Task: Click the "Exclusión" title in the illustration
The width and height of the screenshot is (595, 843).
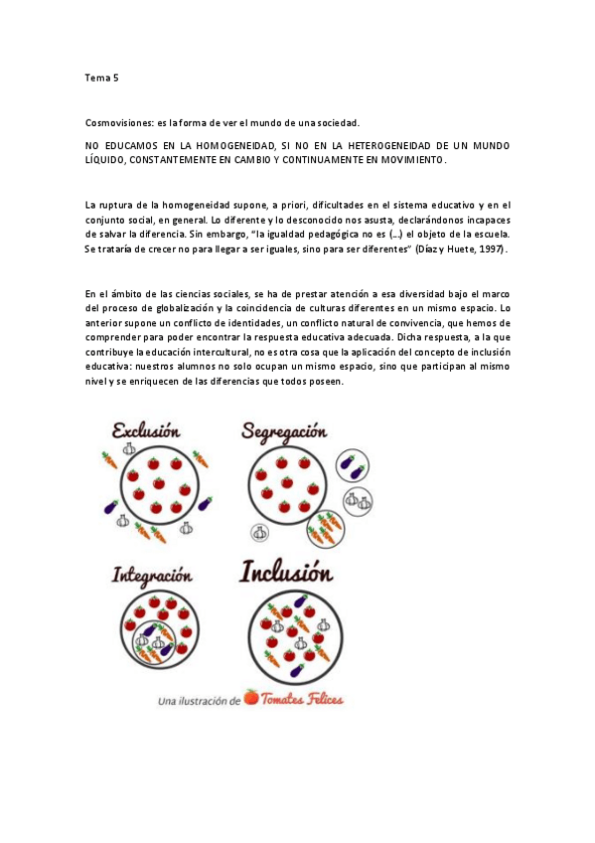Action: (x=146, y=431)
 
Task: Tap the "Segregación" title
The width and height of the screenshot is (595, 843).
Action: (x=283, y=432)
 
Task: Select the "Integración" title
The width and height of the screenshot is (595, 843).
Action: (x=151, y=575)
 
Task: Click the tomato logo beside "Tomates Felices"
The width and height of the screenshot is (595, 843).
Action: (x=251, y=699)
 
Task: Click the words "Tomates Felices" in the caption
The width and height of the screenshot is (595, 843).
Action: (x=302, y=700)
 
